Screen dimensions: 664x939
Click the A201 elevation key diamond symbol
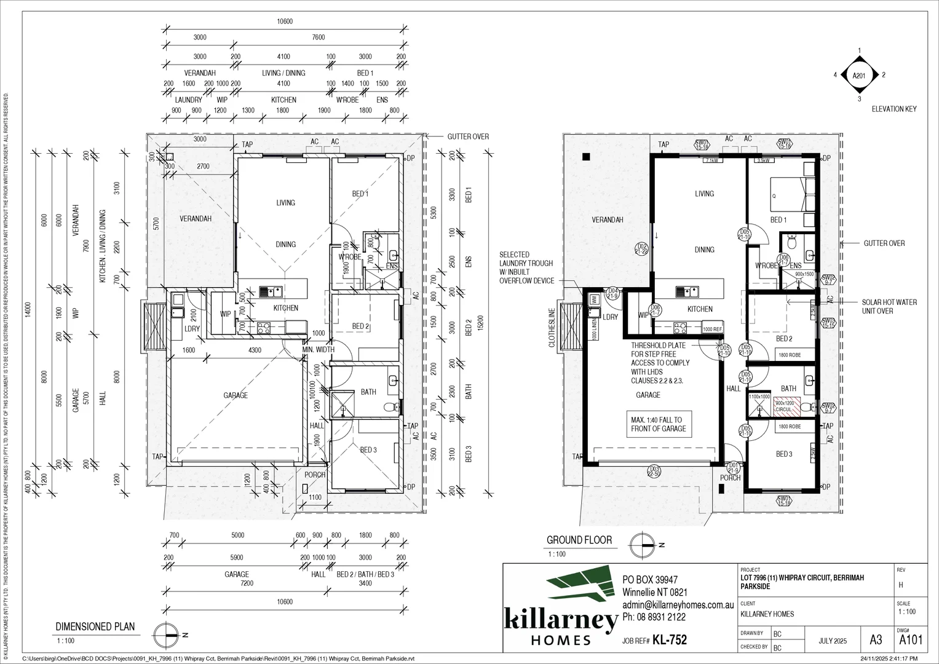pyautogui.click(x=859, y=75)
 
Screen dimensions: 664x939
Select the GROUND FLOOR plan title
pyautogui.click(x=579, y=540)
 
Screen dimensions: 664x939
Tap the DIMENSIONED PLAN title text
pyautogui.click(x=95, y=627)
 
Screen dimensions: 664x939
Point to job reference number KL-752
pyautogui.click(x=669, y=640)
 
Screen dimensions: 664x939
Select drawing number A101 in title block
pyautogui.click(x=911, y=640)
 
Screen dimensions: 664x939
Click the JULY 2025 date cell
pyautogui.click(x=833, y=641)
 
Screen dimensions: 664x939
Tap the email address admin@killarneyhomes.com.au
pyautogui.click(x=678, y=605)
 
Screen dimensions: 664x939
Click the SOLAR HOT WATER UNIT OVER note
pyautogui.click(x=889, y=306)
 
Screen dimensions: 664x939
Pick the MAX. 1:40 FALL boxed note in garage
pyautogui.click(x=658, y=424)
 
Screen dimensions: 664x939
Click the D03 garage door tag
pyautogui.click(x=654, y=472)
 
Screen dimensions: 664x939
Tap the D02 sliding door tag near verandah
pyautogui.click(x=642, y=248)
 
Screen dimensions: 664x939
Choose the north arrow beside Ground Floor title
pyautogui.click(x=643, y=545)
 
